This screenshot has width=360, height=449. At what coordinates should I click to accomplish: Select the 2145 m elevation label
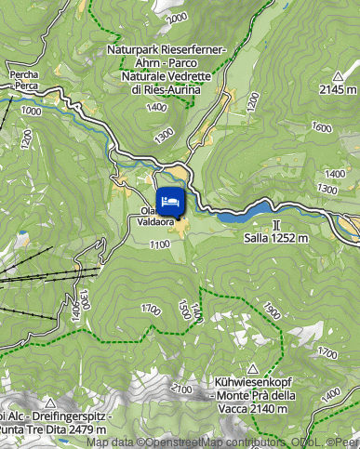[x=337, y=90]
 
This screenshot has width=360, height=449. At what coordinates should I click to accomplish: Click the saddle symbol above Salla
[x=275, y=225]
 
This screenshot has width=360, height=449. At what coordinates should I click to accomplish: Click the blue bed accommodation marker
[x=169, y=200]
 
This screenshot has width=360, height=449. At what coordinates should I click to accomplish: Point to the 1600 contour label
[x=322, y=127]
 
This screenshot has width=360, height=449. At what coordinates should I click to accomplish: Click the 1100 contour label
[x=158, y=244]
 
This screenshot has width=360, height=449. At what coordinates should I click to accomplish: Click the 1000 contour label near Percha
[x=31, y=111]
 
